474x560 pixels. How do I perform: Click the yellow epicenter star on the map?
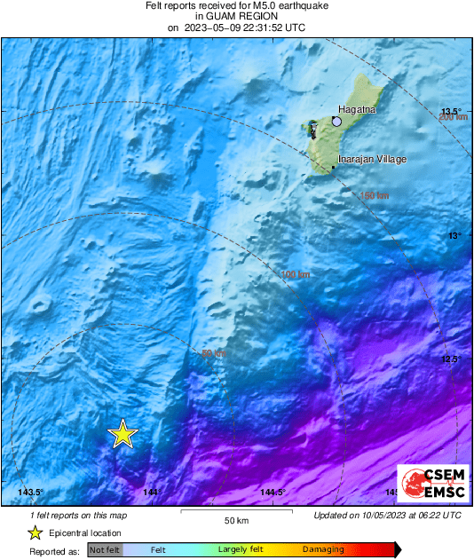(122, 434)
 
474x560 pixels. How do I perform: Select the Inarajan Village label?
(372, 159)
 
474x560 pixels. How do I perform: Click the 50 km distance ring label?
(214, 353)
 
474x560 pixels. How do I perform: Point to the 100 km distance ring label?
(296, 274)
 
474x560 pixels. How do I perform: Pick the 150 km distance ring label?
(373, 195)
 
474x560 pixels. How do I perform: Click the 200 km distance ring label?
(453, 117)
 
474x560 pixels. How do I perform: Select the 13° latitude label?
(454, 235)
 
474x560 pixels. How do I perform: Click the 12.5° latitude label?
(452, 359)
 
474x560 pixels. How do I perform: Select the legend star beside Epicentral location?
(35, 532)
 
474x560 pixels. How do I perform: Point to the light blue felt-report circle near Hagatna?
(336, 122)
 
